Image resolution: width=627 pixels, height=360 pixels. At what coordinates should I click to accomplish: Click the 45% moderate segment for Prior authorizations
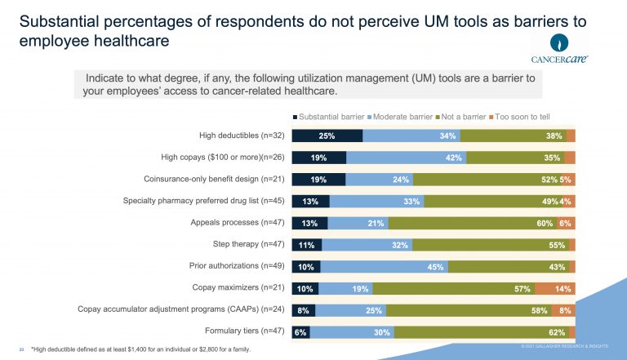point(384,266)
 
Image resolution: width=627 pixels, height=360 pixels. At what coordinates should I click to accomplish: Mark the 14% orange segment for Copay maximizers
point(555,288)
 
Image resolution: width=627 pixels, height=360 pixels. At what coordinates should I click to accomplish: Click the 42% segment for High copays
point(406,158)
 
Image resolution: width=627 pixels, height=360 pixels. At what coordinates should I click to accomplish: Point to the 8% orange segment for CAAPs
point(563,310)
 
